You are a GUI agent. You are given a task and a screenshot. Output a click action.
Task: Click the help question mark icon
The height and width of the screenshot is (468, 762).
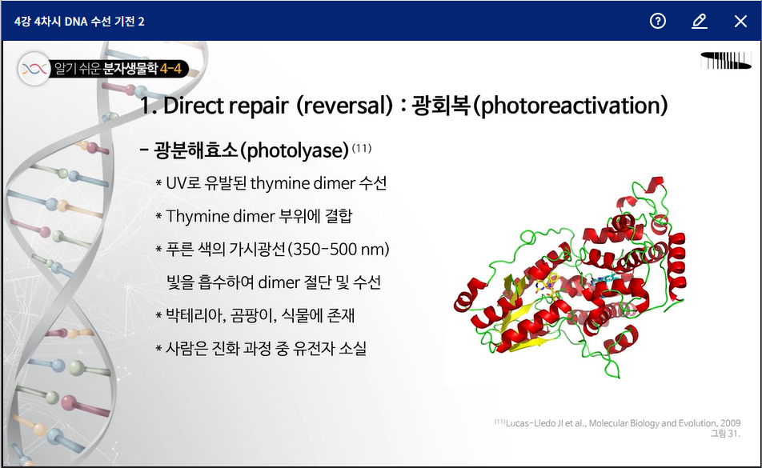pyautogui.click(x=657, y=21)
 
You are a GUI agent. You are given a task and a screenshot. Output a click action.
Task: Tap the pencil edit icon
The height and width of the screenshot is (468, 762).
pyautogui.click(x=700, y=22)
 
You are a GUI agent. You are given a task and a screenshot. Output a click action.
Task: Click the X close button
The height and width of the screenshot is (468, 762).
pyautogui.click(x=740, y=22)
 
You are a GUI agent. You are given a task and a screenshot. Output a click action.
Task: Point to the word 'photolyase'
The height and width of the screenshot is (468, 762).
pyautogui.click(x=298, y=150)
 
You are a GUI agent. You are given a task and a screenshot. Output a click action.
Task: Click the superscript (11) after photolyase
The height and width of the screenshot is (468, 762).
pyautogui.click(x=362, y=147)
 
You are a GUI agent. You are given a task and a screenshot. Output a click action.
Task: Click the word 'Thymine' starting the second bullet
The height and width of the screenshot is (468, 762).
pyautogui.click(x=197, y=217)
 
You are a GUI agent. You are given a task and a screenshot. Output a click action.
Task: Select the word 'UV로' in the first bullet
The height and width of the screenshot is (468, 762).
pyautogui.click(x=183, y=183)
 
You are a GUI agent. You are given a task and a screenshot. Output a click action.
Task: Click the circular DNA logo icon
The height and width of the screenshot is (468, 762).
pyautogui.click(x=34, y=69)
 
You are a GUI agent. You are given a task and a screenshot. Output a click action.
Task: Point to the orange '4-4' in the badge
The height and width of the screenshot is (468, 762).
pyautogui.click(x=170, y=69)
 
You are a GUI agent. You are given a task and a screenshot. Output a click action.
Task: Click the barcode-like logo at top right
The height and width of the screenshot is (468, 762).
pyautogui.click(x=726, y=60)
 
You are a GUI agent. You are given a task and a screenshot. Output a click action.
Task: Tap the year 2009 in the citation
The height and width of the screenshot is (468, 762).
pyautogui.click(x=731, y=423)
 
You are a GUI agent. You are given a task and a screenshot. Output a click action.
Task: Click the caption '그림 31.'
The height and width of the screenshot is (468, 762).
pyautogui.click(x=725, y=433)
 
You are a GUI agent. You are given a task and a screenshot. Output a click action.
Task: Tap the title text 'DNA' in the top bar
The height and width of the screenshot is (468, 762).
pyautogui.click(x=76, y=22)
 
